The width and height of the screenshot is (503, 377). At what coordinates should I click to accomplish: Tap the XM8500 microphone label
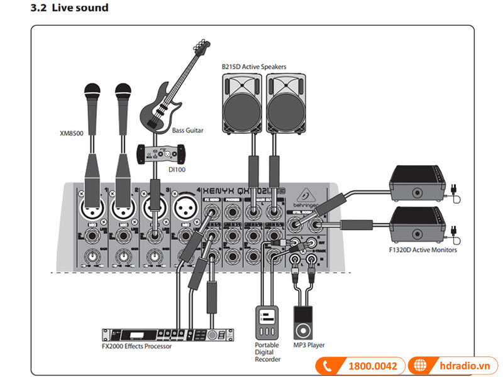72,133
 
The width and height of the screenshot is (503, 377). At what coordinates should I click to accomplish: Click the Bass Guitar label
187,130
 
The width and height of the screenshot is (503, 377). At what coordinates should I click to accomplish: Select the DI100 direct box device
162,152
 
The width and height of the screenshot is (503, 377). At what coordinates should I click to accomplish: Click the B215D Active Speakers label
253,66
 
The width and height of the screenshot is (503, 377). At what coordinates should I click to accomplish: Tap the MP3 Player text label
309,345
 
